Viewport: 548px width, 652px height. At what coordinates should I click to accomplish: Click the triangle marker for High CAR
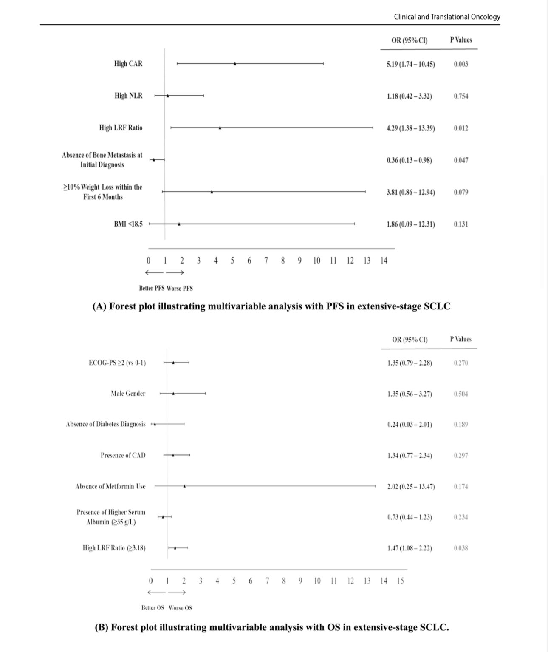[x=235, y=64]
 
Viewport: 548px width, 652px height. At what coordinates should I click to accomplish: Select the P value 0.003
[x=461, y=64]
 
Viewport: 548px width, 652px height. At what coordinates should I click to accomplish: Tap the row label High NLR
[x=128, y=96]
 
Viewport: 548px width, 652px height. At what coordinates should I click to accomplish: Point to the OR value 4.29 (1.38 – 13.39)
[x=410, y=128]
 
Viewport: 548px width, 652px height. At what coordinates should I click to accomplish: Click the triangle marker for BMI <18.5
[x=179, y=224]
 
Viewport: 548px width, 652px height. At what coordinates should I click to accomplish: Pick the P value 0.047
[x=461, y=160]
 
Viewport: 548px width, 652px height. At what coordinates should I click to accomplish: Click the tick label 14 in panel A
[x=384, y=261]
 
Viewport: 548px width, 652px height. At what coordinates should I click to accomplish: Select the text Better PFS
[x=152, y=288]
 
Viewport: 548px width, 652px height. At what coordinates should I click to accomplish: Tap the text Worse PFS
[x=180, y=288]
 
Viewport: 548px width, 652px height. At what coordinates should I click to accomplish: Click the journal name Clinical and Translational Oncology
[x=447, y=17]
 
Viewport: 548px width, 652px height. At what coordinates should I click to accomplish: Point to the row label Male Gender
[x=128, y=394]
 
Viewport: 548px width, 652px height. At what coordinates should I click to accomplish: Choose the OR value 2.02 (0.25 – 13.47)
[x=411, y=486]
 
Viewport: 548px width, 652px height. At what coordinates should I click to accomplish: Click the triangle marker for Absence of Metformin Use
[x=184, y=486]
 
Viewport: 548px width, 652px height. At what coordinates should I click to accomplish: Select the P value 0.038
[x=461, y=548]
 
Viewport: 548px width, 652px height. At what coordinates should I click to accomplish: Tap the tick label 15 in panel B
[x=401, y=581]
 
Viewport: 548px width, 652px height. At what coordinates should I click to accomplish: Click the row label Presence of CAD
[x=123, y=455]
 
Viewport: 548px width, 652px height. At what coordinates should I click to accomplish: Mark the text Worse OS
[x=180, y=608]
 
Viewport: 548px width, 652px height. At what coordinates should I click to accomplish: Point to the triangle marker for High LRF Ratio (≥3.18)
[x=175, y=548]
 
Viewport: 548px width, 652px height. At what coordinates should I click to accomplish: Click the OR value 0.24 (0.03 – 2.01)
[x=410, y=424]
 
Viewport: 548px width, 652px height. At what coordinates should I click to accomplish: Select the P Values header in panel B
[x=461, y=339]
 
